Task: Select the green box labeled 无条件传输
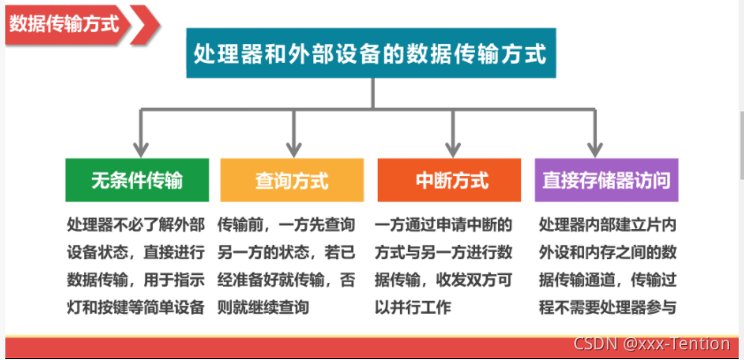137,180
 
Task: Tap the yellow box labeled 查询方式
292,180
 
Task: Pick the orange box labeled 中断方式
451,180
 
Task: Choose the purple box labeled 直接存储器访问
606,180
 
